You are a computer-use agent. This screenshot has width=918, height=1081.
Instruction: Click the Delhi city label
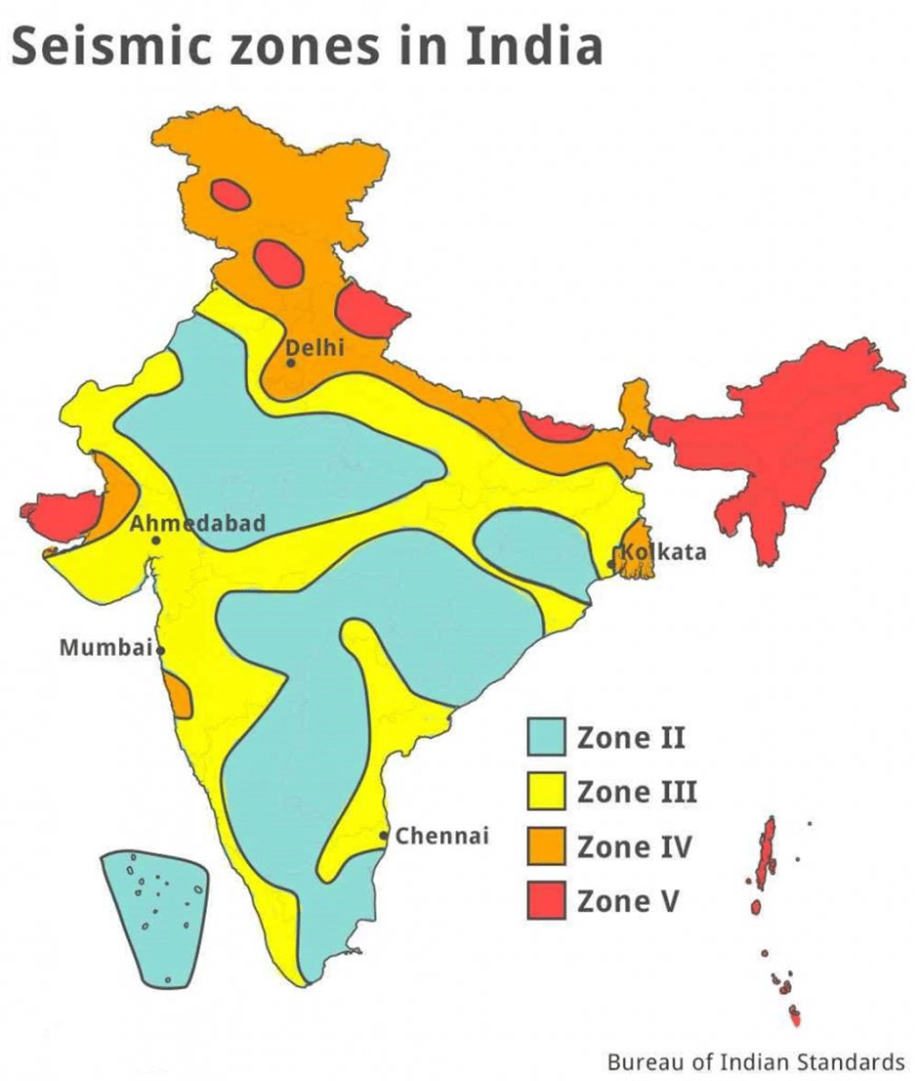(x=314, y=347)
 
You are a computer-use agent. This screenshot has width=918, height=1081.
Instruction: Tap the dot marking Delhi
(x=290, y=363)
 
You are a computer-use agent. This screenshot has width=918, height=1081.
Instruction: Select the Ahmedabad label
(x=198, y=523)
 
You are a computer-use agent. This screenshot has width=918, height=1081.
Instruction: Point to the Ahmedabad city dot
(x=155, y=540)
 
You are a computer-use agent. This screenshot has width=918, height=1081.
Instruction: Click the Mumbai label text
(x=105, y=647)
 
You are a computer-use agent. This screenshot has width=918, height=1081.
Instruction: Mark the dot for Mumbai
(x=160, y=649)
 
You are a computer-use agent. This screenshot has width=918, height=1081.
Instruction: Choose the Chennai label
(x=441, y=836)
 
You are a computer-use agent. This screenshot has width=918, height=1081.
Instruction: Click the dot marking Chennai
(x=385, y=835)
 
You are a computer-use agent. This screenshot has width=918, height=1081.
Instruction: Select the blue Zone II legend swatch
(x=547, y=736)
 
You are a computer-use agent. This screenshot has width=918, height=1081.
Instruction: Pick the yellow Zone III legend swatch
(x=547, y=791)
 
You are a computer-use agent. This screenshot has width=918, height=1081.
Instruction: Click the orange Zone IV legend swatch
(x=547, y=845)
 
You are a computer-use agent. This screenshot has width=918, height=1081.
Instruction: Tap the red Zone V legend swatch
(x=547, y=900)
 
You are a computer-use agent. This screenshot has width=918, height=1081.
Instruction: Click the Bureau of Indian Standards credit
(x=756, y=1061)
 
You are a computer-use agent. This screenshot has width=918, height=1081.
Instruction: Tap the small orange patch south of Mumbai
(x=178, y=695)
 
